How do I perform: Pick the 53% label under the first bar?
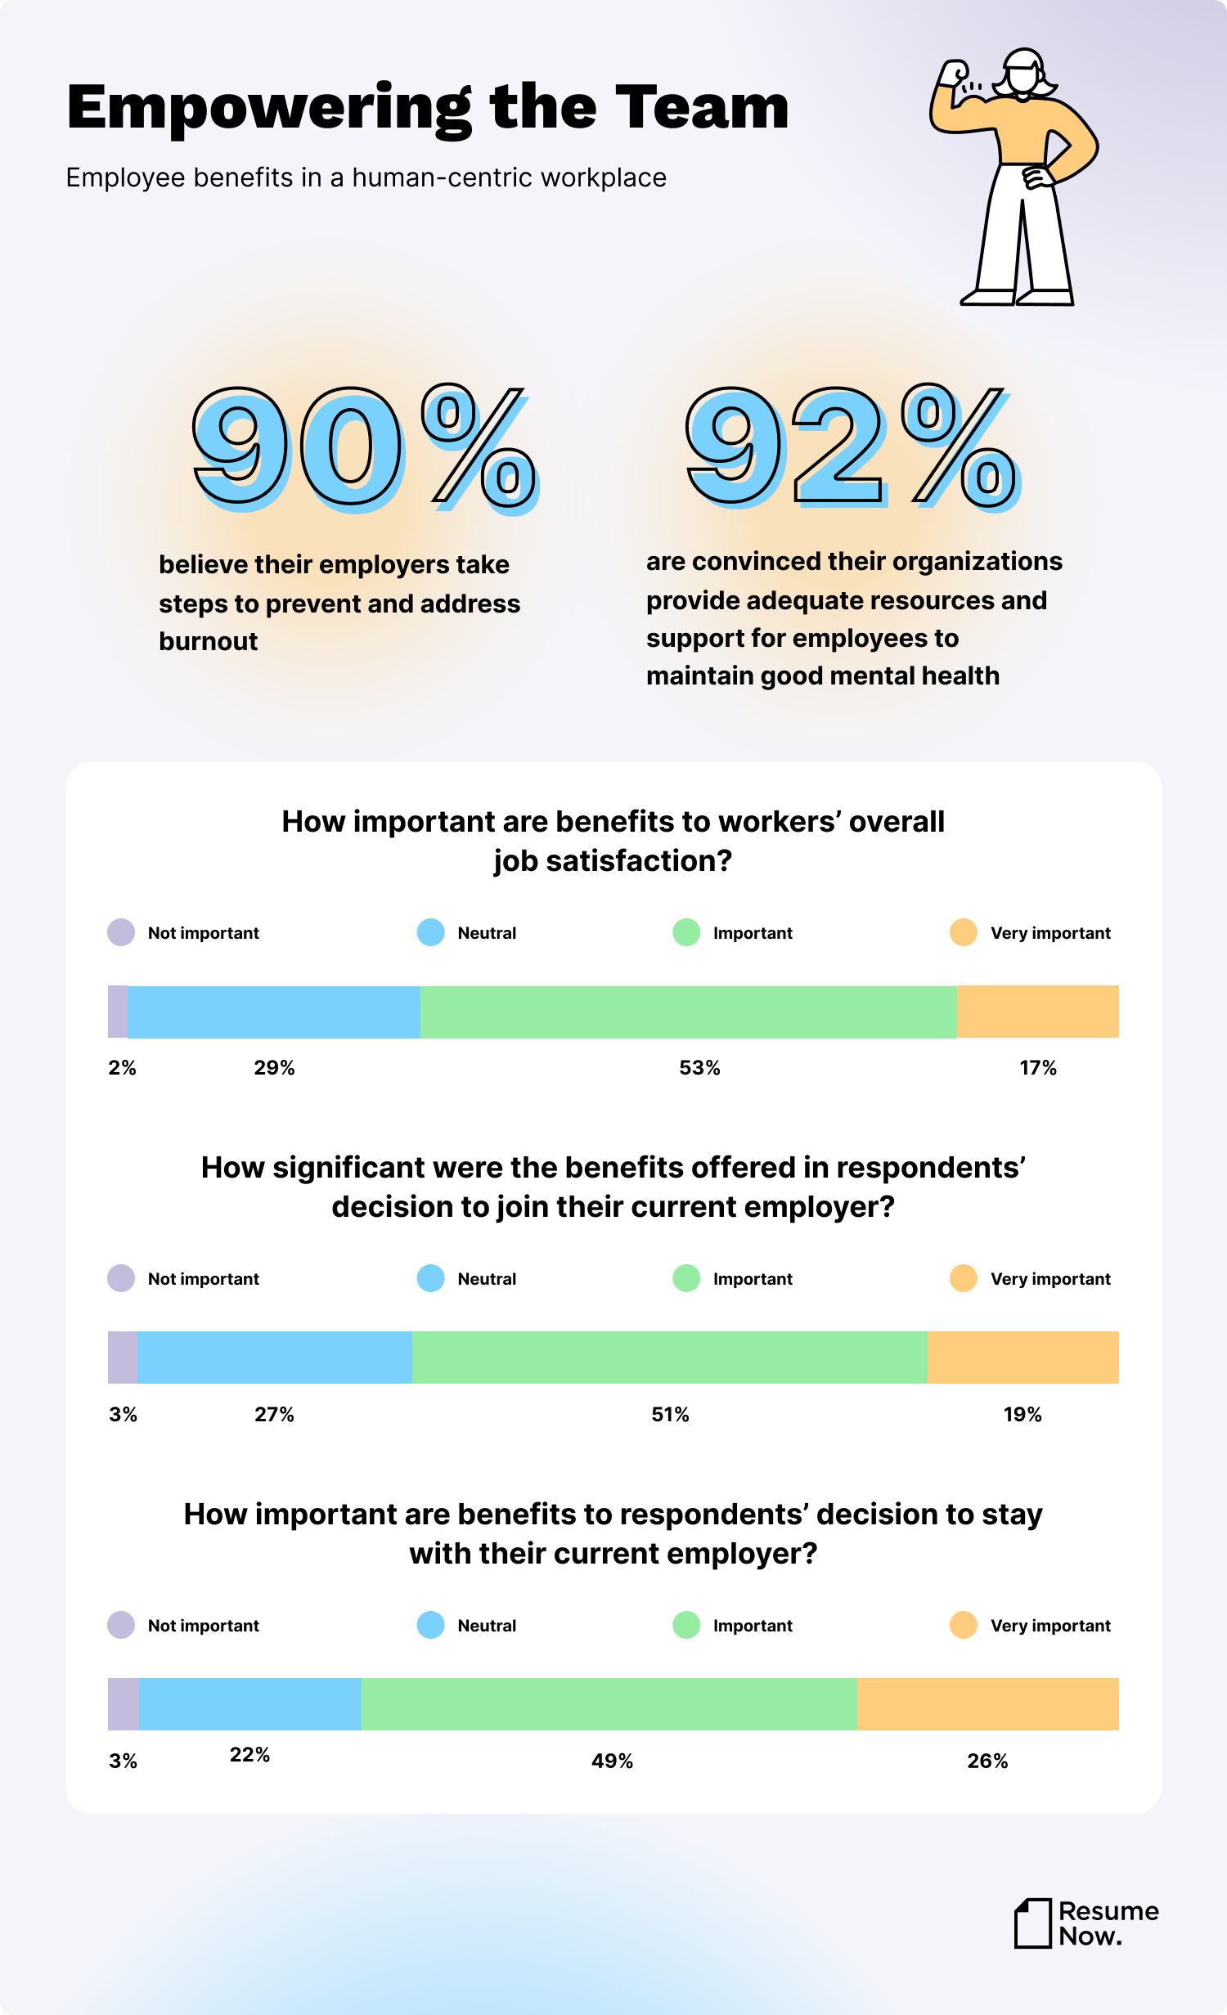(x=699, y=1067)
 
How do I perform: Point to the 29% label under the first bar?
(x=274, y=1067)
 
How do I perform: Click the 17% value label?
(x=1038, y=1067)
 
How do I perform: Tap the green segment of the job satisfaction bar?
(x=687, y=1012)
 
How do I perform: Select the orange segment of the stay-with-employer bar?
(x=987, y=1703)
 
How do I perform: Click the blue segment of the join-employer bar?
(x=274, y=1358)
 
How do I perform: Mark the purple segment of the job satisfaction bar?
(x=118, y=1012)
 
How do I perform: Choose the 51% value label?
(x=670, y=1414)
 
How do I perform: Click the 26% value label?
(x=987, y=1761)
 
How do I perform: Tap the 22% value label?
(x=249, y=1754)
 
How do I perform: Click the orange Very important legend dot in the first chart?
(x=964, y=932)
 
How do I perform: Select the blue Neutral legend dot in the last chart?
(x=430, y=1625)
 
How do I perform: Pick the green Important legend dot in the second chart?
(x=686, y=1278)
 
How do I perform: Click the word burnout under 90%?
(x=208, y=641)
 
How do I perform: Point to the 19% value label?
(x=1022, y=1414)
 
